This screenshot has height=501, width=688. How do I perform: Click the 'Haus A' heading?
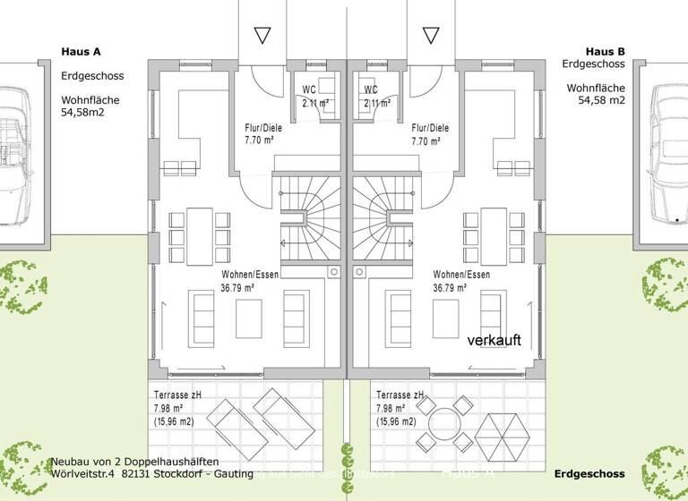pyautogui.click(x=81, y=52)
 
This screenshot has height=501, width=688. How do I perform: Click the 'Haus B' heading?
pyautogui.click(x=606, y=51)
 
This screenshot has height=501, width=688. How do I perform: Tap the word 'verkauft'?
pyautogui.click(x=494, y=340)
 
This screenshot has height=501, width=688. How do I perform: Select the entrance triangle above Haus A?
pyautogui.click(x=262, y=36)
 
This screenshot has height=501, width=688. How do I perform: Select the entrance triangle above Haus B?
pyautogui.click(x=431, y=36)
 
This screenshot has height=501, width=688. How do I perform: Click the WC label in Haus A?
pyautogui.click(x=309, y=90)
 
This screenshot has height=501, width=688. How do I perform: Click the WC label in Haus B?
pyautogui.click(x=371, y=90)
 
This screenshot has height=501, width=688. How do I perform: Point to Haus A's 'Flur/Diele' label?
pyautogui.click(x=265, y=128)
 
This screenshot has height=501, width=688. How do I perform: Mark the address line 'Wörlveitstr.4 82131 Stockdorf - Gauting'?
pyautogui.click(x=151, y=473)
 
